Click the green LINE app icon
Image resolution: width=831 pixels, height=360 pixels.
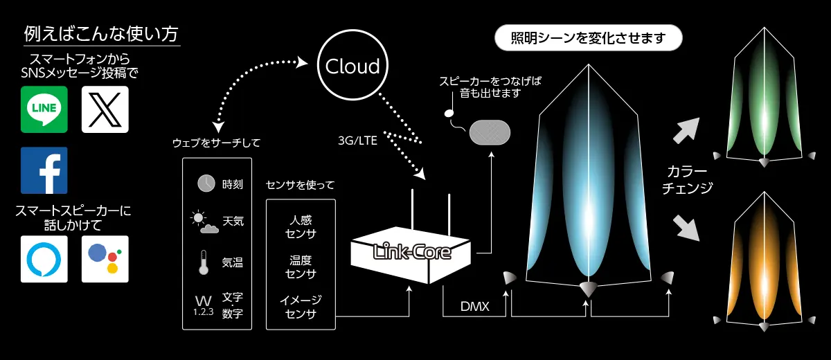(x=44, y=109)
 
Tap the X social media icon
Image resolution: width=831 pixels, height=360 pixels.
(x=105, y=109)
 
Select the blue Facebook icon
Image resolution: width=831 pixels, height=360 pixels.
(x=44, y=170)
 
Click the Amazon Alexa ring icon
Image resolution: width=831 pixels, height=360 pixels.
(x=44, y=259)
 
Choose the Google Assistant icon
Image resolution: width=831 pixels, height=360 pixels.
(x=105, y=259)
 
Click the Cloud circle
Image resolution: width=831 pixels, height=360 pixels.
(x=352, y=66)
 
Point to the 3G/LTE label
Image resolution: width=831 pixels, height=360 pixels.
(x=357, y=141)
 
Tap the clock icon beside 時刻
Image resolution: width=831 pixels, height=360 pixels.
(x=206, y=183)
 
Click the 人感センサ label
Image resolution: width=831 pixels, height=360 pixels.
(x=301, y=226)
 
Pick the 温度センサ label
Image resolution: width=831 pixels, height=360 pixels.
(x=301, y=267)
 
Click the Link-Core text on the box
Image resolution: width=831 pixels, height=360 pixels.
(x=411, y=251)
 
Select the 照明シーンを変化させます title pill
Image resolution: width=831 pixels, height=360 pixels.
(x=589, y=37)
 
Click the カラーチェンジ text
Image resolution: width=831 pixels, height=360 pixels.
(x=686, y=179)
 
